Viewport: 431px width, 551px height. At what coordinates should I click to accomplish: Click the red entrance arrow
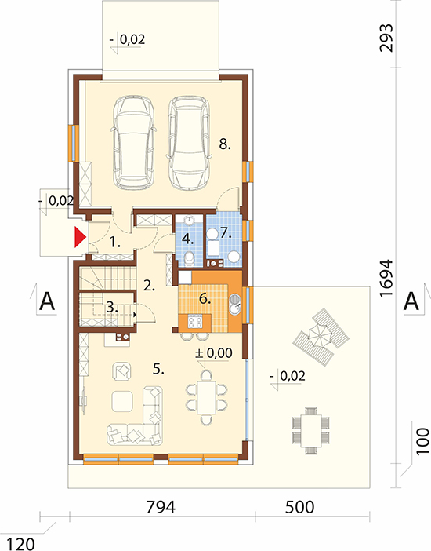(x=80, y=237)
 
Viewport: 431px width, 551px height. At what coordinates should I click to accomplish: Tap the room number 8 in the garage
(x=225, y=144)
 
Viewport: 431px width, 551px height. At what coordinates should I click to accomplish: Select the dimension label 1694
(x=386, y=279)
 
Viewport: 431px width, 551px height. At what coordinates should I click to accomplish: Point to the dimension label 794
(x=161, y=507)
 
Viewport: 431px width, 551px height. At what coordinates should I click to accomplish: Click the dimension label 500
(x=299, y=507)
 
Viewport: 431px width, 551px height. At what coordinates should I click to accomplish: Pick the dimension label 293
(x=386, y=38)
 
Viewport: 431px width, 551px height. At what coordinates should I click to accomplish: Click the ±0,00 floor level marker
(x=214, y=352)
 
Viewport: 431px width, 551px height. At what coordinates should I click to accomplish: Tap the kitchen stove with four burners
(x=195, y=322)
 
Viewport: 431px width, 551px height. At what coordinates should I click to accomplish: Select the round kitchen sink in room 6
(x=234, y=304)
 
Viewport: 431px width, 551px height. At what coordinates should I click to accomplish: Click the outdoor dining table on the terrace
(x=311, y=430)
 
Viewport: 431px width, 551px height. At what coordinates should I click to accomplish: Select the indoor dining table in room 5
(x=207, y=397)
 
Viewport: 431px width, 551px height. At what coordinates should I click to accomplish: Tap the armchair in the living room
(x=121, y=371)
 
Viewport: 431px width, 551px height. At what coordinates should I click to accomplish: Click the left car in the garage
(x=134, y=141)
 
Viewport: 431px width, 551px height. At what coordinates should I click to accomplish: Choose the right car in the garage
(x=189, y=142)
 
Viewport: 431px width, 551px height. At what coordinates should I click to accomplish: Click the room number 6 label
(x=205, y=299)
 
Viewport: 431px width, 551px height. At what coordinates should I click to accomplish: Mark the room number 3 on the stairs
(x=112, y=308)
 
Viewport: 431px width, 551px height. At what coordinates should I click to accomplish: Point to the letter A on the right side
(x=411, y=301)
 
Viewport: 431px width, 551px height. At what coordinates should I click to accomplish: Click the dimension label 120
(x=20, y=544)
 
